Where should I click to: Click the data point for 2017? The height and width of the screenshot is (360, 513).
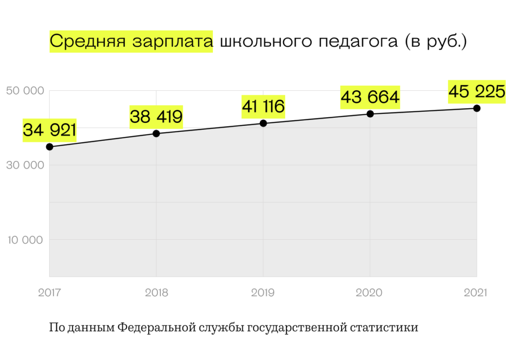click(x=50, y=147)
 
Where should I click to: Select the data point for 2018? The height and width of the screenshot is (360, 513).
click(x=156, y=133)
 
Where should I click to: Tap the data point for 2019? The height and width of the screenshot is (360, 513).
click(x=264, y=123)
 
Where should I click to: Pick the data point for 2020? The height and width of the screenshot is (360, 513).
click(x=370, y=114)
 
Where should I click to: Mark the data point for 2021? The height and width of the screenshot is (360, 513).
click(x=477, y=108)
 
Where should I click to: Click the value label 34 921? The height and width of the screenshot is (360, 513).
click(x=50, y=130)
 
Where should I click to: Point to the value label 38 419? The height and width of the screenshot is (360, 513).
click(x=156, y=117)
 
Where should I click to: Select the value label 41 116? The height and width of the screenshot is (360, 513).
click(x=263, y=106)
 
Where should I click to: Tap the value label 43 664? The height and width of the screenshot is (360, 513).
click(x=370, y=97)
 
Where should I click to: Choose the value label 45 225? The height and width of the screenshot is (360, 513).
click(x=477, y=91)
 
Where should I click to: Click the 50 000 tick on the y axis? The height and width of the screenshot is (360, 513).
click(x=25, y=91)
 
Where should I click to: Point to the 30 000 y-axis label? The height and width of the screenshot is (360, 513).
click(x=25, y=165)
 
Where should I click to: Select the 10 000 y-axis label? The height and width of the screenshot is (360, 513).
click(x=25, y=240)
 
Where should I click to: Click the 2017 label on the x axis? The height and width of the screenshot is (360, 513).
click(x=49, y=293)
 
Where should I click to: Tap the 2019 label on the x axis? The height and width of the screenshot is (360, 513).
click(x=263, y=293)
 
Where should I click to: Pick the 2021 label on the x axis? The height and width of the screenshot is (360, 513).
click(x=475, y=293)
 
